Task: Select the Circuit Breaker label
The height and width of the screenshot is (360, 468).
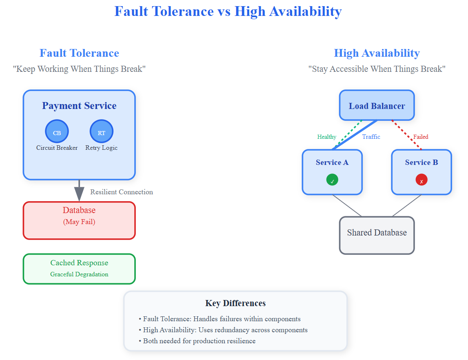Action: pos(57,148)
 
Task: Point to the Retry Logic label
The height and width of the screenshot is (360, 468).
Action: pos(101,148)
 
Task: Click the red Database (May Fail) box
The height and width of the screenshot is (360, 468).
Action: pos(79,220)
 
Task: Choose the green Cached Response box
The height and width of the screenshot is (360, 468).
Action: pos(79,269)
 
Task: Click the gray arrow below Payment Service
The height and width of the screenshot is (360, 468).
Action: pos(79,190)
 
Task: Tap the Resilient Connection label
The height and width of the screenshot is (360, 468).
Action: pos(122,192)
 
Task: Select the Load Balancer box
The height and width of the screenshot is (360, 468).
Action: pos(377,106)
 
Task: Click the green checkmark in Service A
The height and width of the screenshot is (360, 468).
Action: pos(332,180)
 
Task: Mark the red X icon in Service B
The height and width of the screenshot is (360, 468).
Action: pos(421,180)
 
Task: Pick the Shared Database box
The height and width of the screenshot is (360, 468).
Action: pos(377,235)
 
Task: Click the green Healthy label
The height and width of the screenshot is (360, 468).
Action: pos(327,137)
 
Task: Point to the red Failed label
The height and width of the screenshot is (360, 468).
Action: pos(421,137)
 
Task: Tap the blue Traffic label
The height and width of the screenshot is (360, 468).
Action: pos(371,137)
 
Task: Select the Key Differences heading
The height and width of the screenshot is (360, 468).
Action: pos(235,303)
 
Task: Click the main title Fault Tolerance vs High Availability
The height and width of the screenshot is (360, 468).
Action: pos(228,11)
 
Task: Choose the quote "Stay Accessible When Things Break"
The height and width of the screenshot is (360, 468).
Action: pos(377,69)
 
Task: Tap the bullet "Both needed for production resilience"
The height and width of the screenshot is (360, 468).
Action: pos(199,341)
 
